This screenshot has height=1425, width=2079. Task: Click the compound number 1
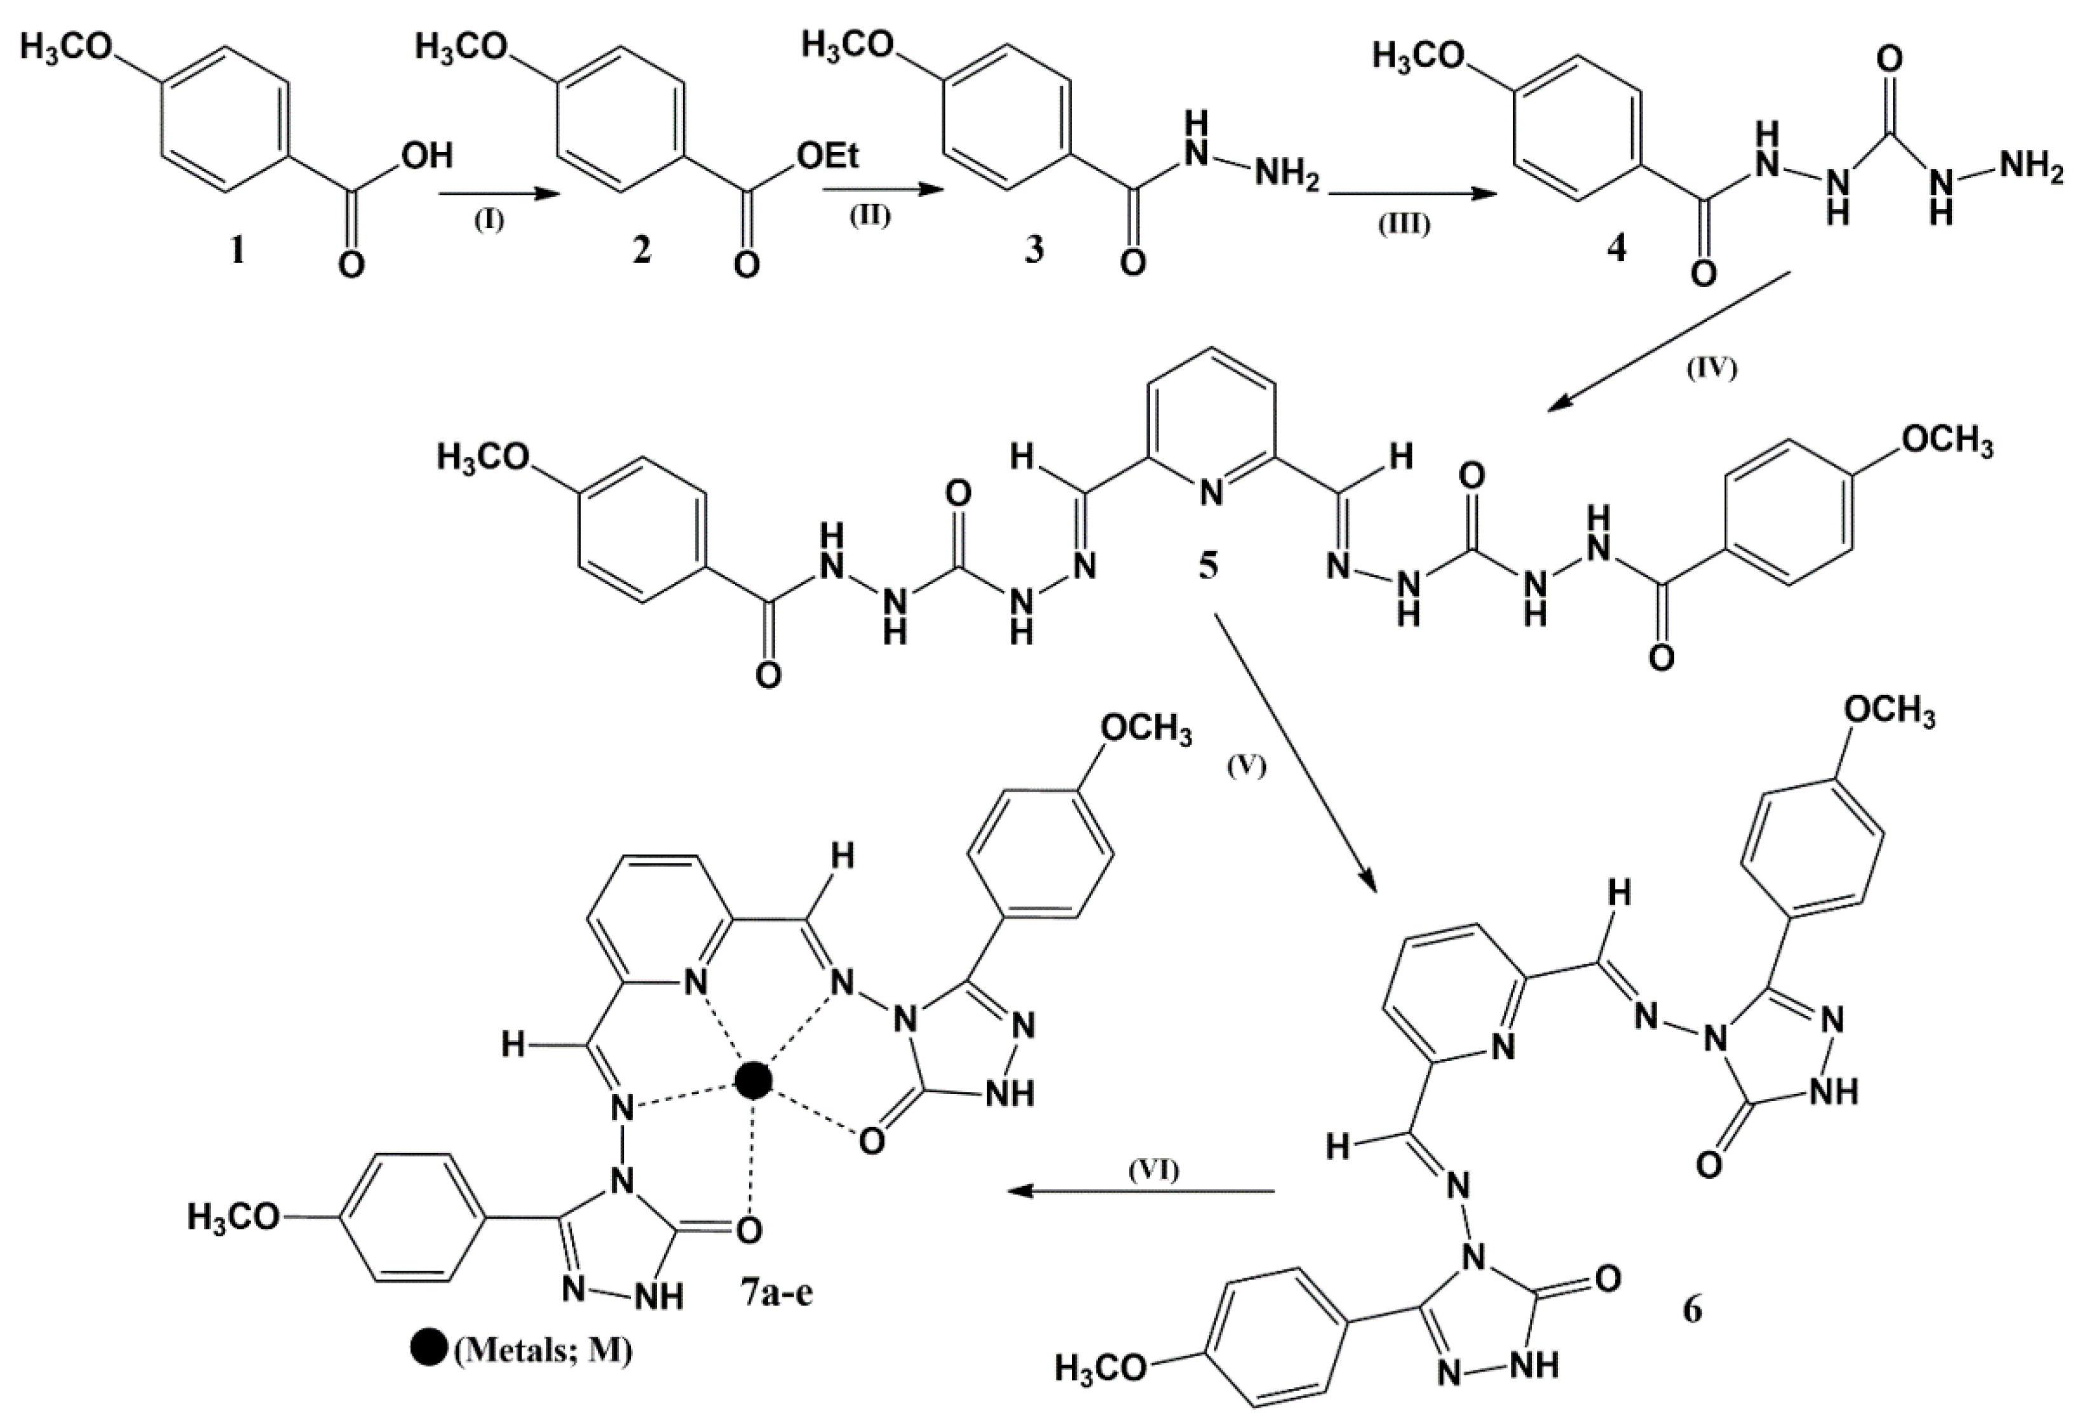point(236,252)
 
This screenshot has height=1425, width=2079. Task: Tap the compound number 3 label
point(1034,250)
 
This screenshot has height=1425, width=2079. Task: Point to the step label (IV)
point(1711,368)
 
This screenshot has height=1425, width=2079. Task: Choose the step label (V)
point(1246,767)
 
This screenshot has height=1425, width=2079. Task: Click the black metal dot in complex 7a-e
point(752,1081)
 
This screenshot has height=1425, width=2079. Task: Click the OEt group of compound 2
point(827,156)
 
